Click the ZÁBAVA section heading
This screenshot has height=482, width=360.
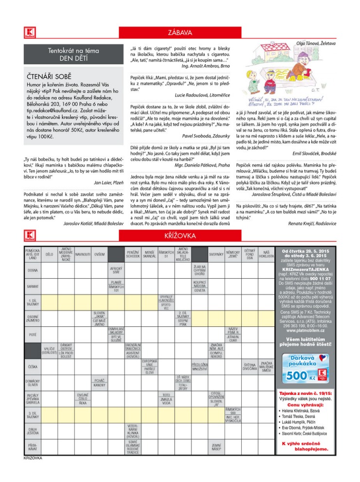pos(180,33)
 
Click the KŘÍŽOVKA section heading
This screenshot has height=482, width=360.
pos(180,236)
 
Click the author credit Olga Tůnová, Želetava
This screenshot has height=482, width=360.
pos(316,43)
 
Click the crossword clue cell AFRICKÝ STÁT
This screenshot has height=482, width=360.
pos(116,270)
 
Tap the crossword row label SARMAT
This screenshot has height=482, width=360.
pos(33,286)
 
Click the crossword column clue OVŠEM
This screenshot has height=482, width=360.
pos(99,254)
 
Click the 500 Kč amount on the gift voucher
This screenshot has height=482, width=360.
pos(297,375)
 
